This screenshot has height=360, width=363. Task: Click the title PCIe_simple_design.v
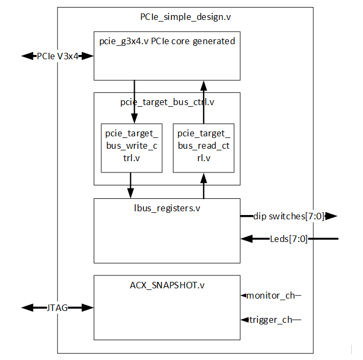click(185, 17)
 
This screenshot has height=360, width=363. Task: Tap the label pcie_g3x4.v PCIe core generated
click(167, 41)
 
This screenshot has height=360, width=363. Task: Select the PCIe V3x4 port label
click(58, 56)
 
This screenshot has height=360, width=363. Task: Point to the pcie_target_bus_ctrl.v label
click(167, 101)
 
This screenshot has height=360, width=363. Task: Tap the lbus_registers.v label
click(167, 207)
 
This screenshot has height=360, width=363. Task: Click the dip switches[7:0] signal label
click(289, 216)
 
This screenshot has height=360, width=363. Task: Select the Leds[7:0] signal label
click(289, 238)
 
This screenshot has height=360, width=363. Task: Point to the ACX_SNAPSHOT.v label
click(167, 285)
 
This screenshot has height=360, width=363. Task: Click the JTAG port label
click(58, 308)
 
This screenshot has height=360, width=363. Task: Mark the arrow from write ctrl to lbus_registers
click(130, 185)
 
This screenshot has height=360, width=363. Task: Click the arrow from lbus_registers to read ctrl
click(204, 185)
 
